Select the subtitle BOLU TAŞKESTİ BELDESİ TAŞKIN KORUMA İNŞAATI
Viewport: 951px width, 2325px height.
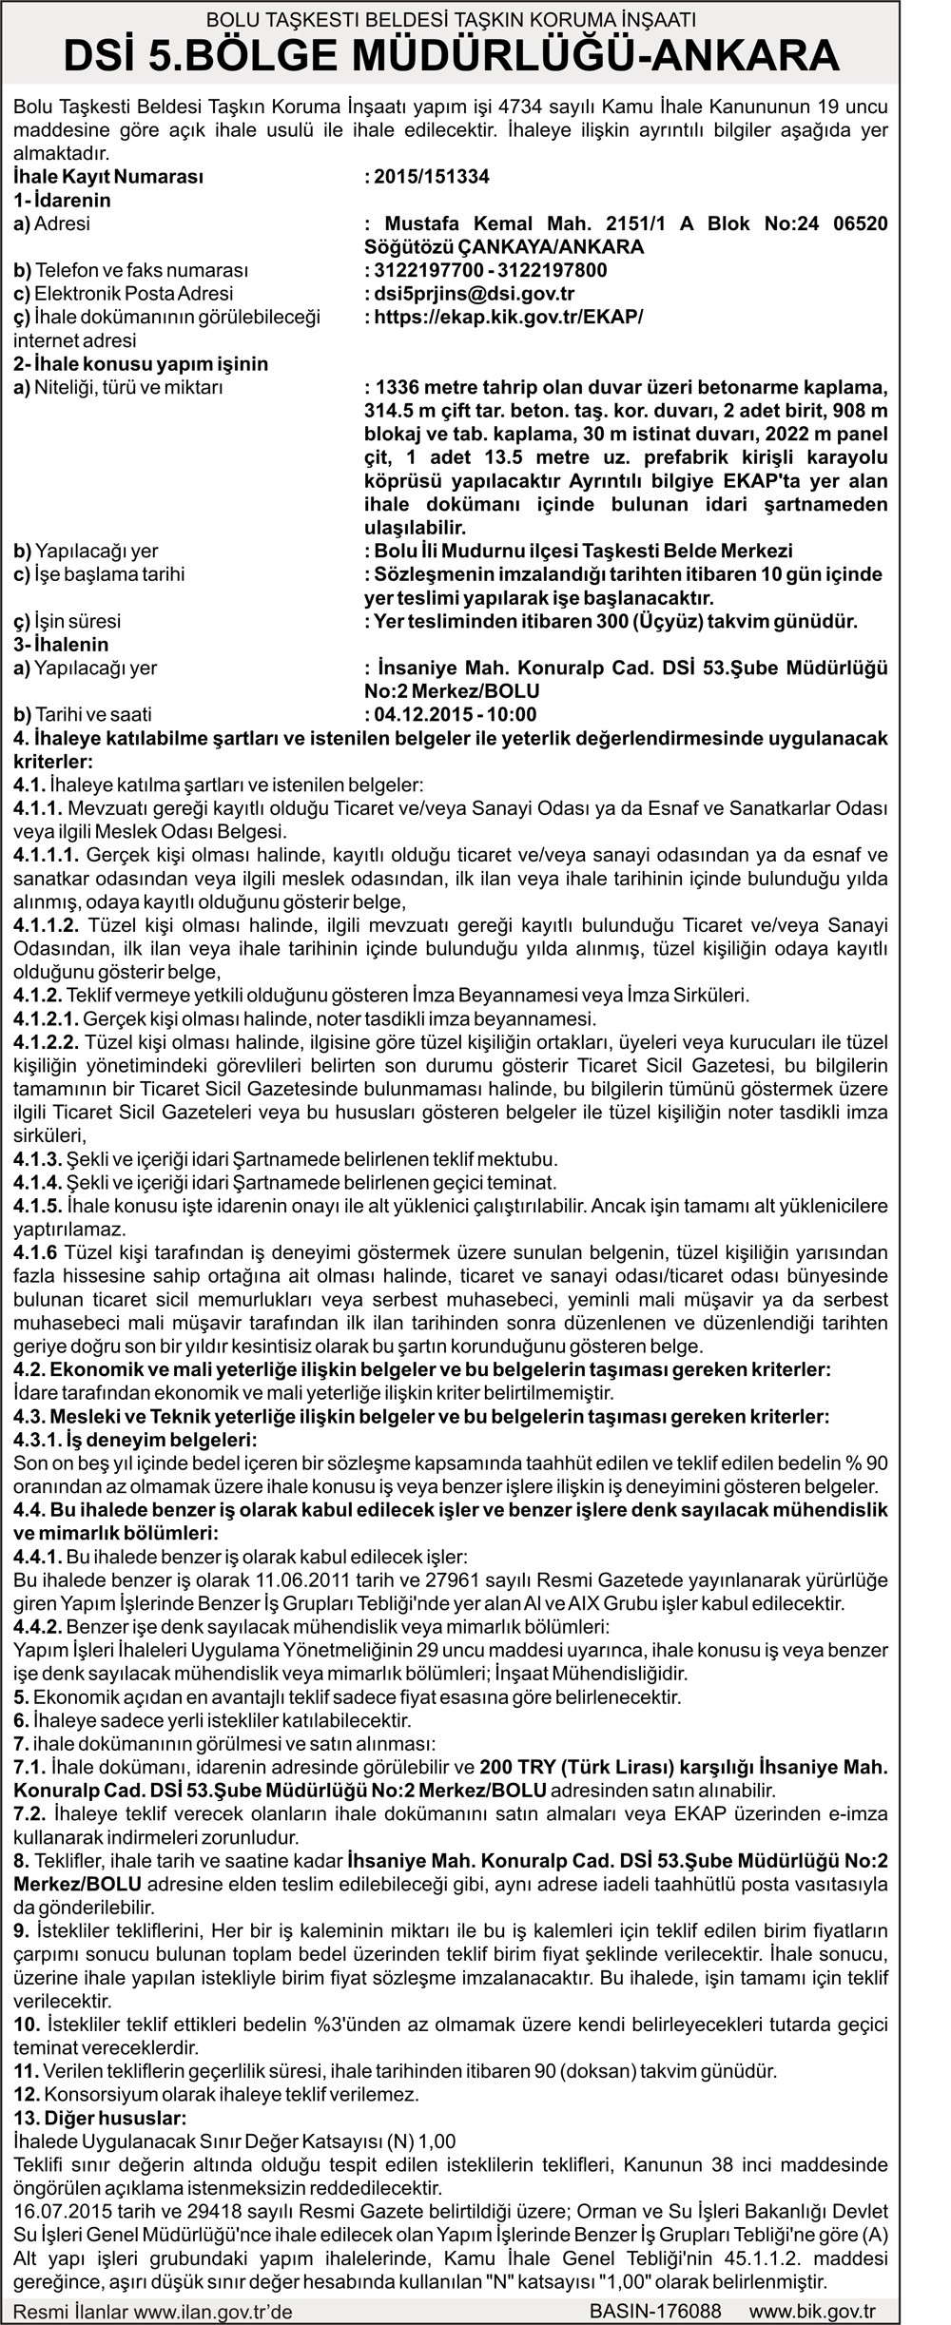point(451,18)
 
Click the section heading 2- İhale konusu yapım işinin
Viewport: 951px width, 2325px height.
point(141,363)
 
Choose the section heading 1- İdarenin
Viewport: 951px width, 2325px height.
point(62,200)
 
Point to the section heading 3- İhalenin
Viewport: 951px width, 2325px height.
point(62,645)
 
